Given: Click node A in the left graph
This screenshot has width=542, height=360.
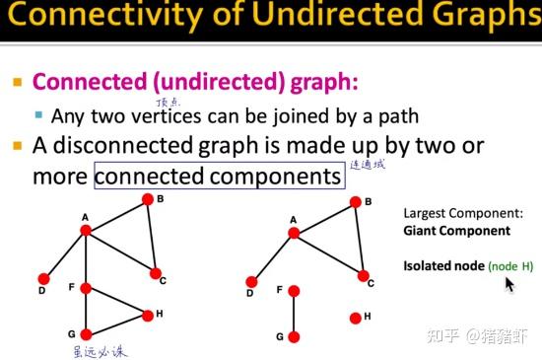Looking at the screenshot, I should (86, 230).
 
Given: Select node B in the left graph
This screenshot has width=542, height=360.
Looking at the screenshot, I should (147, 198).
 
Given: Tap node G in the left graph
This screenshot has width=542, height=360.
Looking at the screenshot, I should (86, 333).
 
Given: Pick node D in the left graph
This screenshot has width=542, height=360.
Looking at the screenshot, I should (42, 278).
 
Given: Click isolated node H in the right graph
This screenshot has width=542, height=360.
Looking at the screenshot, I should (355, 318).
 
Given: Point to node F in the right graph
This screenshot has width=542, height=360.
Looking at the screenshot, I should (294, 290).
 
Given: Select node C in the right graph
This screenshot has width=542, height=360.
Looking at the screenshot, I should (364, 275).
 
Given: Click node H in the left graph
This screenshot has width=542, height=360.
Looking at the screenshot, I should (147, 316).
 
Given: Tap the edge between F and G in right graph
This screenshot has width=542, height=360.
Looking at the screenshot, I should (294, 314).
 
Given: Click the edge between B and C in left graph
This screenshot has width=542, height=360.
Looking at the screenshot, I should (151, 237).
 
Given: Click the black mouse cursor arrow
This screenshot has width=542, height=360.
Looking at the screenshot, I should (508, 285).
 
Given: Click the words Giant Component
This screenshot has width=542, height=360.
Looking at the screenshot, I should (456, 231).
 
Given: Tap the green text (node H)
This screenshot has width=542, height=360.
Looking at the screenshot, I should (514, 266).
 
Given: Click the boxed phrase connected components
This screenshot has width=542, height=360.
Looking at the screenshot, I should (219, 177).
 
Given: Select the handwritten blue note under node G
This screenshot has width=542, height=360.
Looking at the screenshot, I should (101, 350).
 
